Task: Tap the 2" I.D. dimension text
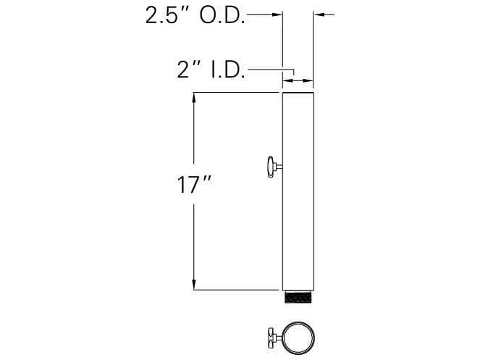(211, 70)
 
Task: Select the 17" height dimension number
(193, 185)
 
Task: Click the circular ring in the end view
(298, 338)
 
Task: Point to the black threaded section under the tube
(298, 297)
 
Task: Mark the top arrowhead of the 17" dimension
(193, 99)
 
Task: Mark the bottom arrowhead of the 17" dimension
(193, 284)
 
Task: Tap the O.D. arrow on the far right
(321, 14)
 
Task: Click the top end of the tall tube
(298, 95)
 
